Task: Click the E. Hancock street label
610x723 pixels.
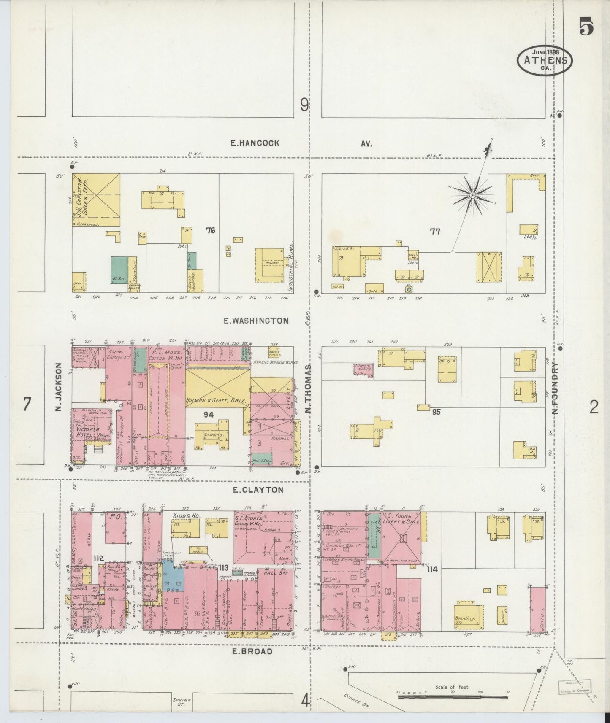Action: click(255, 143)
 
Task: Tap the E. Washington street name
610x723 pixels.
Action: click(256, 321)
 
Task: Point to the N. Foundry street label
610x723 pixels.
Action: click(556, 388)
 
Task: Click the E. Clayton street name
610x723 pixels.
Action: click(258, 490)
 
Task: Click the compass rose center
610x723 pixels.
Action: click(472, 195)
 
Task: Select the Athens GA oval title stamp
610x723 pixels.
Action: click(545, 60)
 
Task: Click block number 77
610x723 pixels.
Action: click(435, 231)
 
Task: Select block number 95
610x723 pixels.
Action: click(436, 411)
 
